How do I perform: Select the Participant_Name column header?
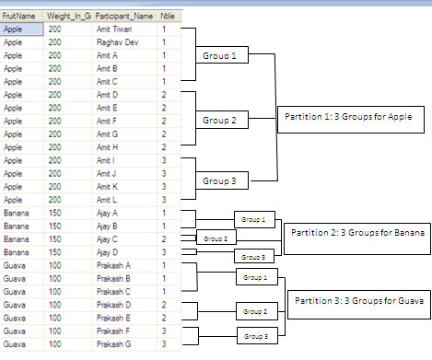click(x=124, y=17)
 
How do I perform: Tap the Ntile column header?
click(x=169, y=17)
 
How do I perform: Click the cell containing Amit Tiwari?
click(x=124, y=29)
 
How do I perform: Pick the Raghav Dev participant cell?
click(x=124, y=42)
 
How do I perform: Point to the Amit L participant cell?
click(x=124, y=200)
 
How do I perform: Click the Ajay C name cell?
click(x=124, y=239)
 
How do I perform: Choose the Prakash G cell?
click(x=124, y=344)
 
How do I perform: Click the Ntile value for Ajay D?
click(x=169, y=252)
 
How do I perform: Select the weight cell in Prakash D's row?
click(x=67, y=305)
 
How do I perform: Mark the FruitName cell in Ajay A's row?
click(x=22, y=213)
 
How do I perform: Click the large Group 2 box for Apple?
click(x=222, y=120)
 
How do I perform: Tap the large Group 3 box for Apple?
click(x=222, y=180)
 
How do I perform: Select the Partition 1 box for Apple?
click(x=351, y=120)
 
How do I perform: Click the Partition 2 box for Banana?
click(x=357, y=238)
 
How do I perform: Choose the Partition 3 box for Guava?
click(x=359, y=305)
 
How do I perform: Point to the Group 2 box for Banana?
click(x=216, y=238)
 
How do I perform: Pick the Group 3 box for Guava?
click(x=257, y=336)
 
